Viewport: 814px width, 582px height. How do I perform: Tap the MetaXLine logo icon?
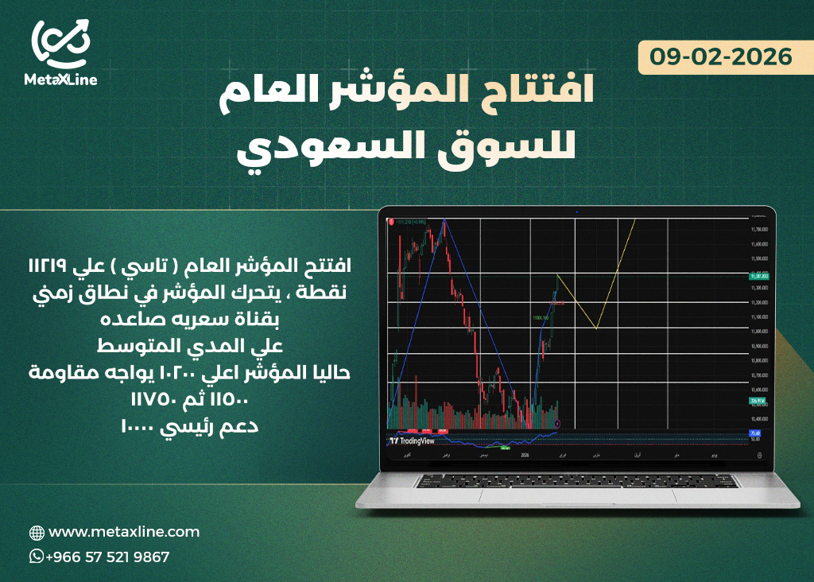60,45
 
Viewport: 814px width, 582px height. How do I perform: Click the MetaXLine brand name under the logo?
60,80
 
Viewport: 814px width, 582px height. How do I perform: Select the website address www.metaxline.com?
124,532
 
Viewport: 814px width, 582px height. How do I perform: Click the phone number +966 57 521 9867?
108,557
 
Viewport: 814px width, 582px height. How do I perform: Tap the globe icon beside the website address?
37,533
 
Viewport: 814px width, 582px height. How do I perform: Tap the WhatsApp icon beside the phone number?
37,557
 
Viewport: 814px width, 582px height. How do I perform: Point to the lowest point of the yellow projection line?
595,328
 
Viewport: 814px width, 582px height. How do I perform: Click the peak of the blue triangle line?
444,219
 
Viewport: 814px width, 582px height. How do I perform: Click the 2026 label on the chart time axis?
524,456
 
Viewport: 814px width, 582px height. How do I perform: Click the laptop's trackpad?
576,495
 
